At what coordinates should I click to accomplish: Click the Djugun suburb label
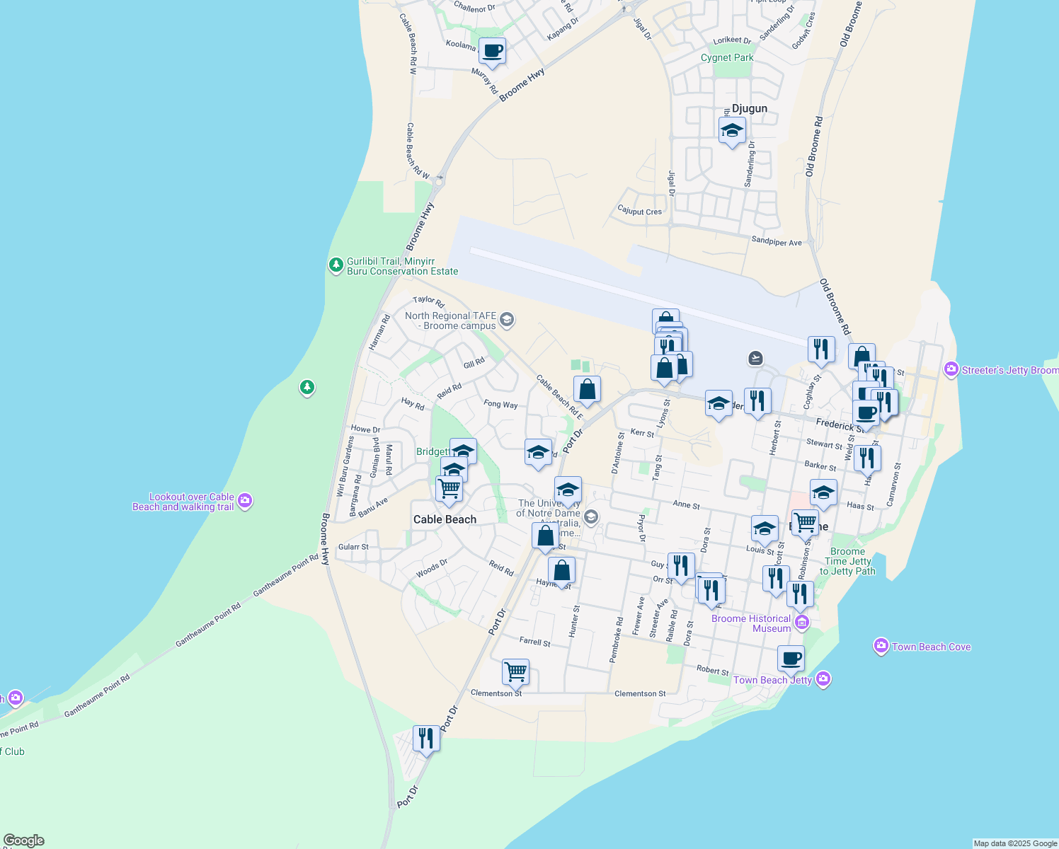coord(749,108)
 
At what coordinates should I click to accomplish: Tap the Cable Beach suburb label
coord(445,519)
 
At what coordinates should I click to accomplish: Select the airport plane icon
coord(756,358)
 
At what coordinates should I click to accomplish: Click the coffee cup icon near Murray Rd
coord(492,51)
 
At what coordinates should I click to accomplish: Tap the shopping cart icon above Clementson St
coord(515,671)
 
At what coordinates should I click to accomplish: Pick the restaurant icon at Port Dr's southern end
coord(426,738)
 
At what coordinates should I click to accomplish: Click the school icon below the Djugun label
coord(732,130)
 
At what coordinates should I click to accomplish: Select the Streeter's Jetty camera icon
coord(951,369)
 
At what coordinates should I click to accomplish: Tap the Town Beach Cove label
coord(931,647)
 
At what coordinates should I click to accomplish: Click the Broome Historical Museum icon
coord(802,623)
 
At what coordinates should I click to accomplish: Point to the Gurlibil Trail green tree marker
coord(336,265)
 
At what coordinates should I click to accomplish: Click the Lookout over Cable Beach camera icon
coord(245,501)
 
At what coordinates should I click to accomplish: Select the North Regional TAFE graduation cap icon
coord(506,320)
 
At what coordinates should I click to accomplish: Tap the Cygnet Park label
coord(727,58)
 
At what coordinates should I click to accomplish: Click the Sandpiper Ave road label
coord(777,242)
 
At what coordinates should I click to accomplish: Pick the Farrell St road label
coord(534,642)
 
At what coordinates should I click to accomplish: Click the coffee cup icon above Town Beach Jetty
coord(791,659)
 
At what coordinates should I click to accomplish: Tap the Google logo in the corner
coord(23,841)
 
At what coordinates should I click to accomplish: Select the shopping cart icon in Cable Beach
coord(449,488)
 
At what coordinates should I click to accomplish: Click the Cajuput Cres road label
coord(639,211)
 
